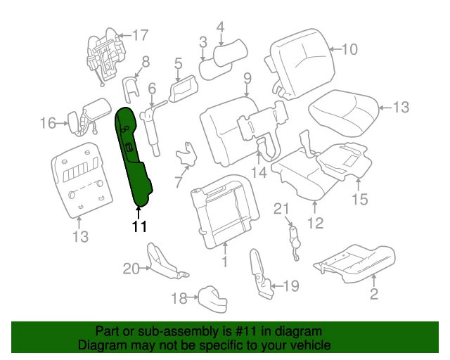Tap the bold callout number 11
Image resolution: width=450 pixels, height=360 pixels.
[140, 226]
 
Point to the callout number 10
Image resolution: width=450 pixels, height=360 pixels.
[349, 49]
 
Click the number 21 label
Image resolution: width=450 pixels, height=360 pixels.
[281, 208]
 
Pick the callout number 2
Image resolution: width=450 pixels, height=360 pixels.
[373, 294]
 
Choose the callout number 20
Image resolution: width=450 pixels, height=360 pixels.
[131, 267]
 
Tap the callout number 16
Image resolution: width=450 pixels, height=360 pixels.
[48, 124]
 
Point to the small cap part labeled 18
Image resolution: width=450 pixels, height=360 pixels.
[210, 298]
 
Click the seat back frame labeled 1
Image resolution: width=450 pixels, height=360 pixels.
[221, 207]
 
